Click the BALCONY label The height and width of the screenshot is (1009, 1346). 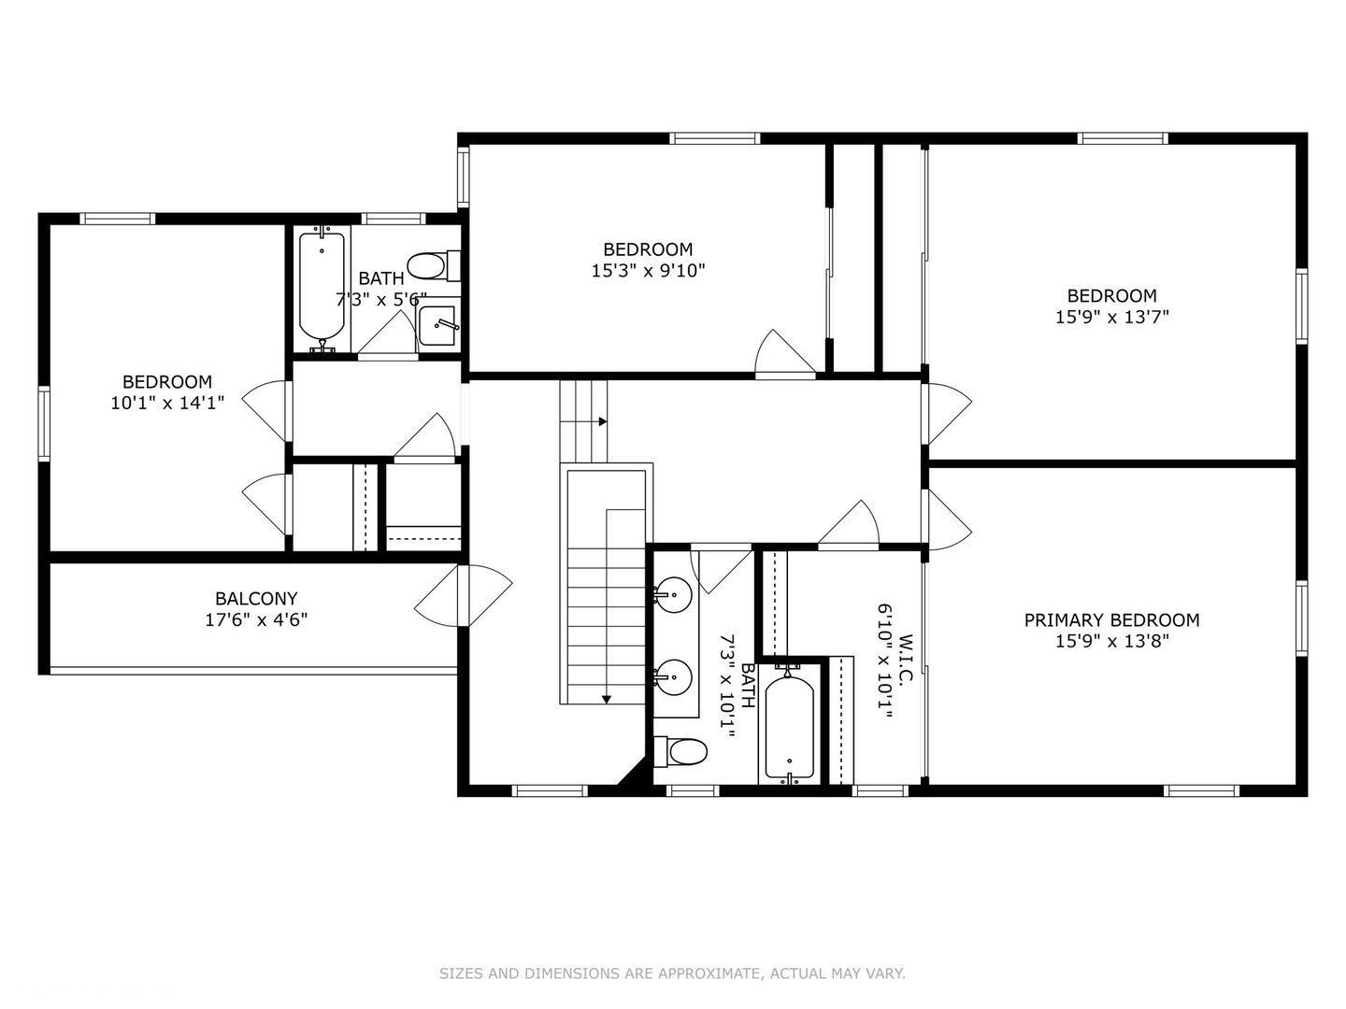(x=256, y=598)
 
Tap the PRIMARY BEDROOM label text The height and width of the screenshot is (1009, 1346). (x=1111, y=619)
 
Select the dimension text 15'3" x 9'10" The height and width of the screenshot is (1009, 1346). (x=648, y=271)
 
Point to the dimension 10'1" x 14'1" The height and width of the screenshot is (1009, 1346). (x=167, y=403)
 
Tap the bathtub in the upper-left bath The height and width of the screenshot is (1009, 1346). (x=322, y=285)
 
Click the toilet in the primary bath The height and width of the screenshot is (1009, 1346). (x=682, y=750)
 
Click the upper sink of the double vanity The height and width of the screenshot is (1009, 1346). (x=672, y=592)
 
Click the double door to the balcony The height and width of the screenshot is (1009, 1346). (x=464, y=596)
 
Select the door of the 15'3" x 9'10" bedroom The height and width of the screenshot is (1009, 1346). (x=785, y=355)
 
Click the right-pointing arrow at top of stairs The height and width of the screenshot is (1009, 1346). (x=602, y=421)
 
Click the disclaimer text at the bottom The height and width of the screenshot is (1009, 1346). (x=672, y=973)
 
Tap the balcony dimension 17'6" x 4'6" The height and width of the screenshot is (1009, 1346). (x=256, y=619)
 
